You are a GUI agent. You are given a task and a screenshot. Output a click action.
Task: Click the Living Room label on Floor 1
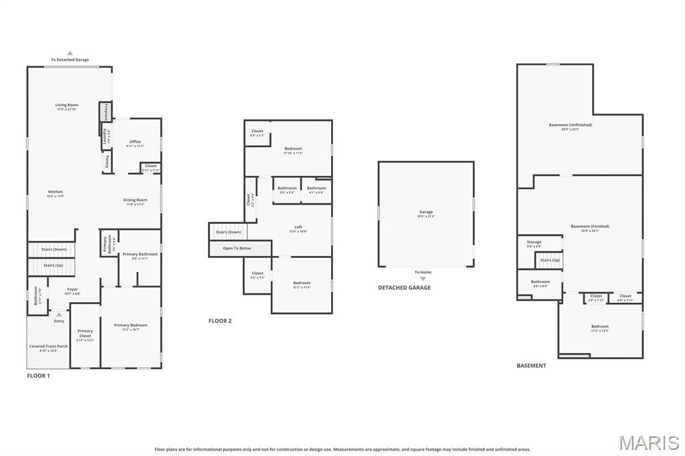67,105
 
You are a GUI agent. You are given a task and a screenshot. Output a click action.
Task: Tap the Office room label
135,142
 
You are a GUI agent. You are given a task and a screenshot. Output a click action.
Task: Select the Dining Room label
135,200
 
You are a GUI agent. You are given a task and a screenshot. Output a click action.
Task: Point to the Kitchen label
55,192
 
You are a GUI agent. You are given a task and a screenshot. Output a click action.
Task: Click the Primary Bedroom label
130,326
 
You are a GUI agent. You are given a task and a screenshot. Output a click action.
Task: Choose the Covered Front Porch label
48,346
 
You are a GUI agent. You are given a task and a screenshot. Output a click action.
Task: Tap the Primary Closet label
85,332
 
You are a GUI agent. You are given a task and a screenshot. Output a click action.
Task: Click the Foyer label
72,290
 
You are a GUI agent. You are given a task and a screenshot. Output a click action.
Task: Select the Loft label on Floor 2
298,227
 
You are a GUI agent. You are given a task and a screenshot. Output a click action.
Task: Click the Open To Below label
237,248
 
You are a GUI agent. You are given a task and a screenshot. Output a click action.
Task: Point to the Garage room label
426,212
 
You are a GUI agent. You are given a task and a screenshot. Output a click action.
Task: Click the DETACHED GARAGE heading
404,288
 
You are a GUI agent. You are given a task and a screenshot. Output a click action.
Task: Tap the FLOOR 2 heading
220,321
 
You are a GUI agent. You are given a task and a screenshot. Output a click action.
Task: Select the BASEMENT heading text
531,366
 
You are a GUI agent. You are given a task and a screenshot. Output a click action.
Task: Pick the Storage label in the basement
534,242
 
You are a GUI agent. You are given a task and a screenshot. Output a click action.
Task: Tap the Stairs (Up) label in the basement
550,260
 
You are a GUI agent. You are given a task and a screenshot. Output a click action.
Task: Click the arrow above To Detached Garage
70,53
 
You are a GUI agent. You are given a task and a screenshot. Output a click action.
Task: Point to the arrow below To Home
423,279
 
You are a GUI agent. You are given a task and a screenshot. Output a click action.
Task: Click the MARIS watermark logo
648,443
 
